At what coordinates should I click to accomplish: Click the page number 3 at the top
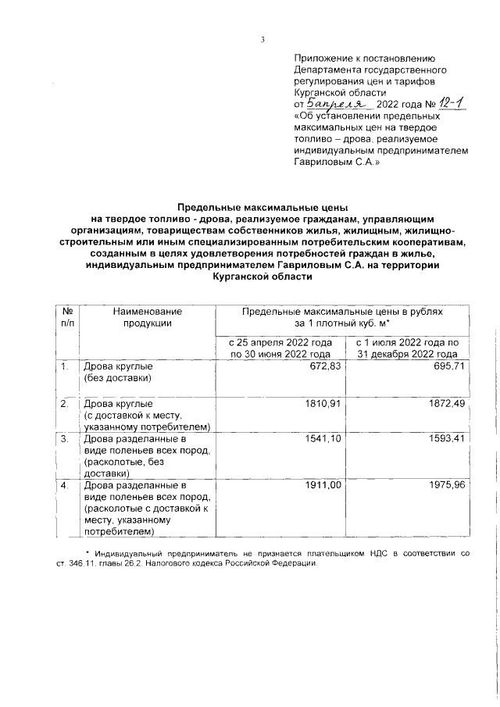pyautogui.click(x=263, y=41)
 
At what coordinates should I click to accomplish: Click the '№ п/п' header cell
pyautogui.click(x=68, y=316)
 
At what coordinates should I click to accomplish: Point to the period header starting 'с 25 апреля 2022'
pyautogui.click(x=279, y=348)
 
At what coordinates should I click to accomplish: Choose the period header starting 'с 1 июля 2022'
pyautogui.click(x=408, y=348)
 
